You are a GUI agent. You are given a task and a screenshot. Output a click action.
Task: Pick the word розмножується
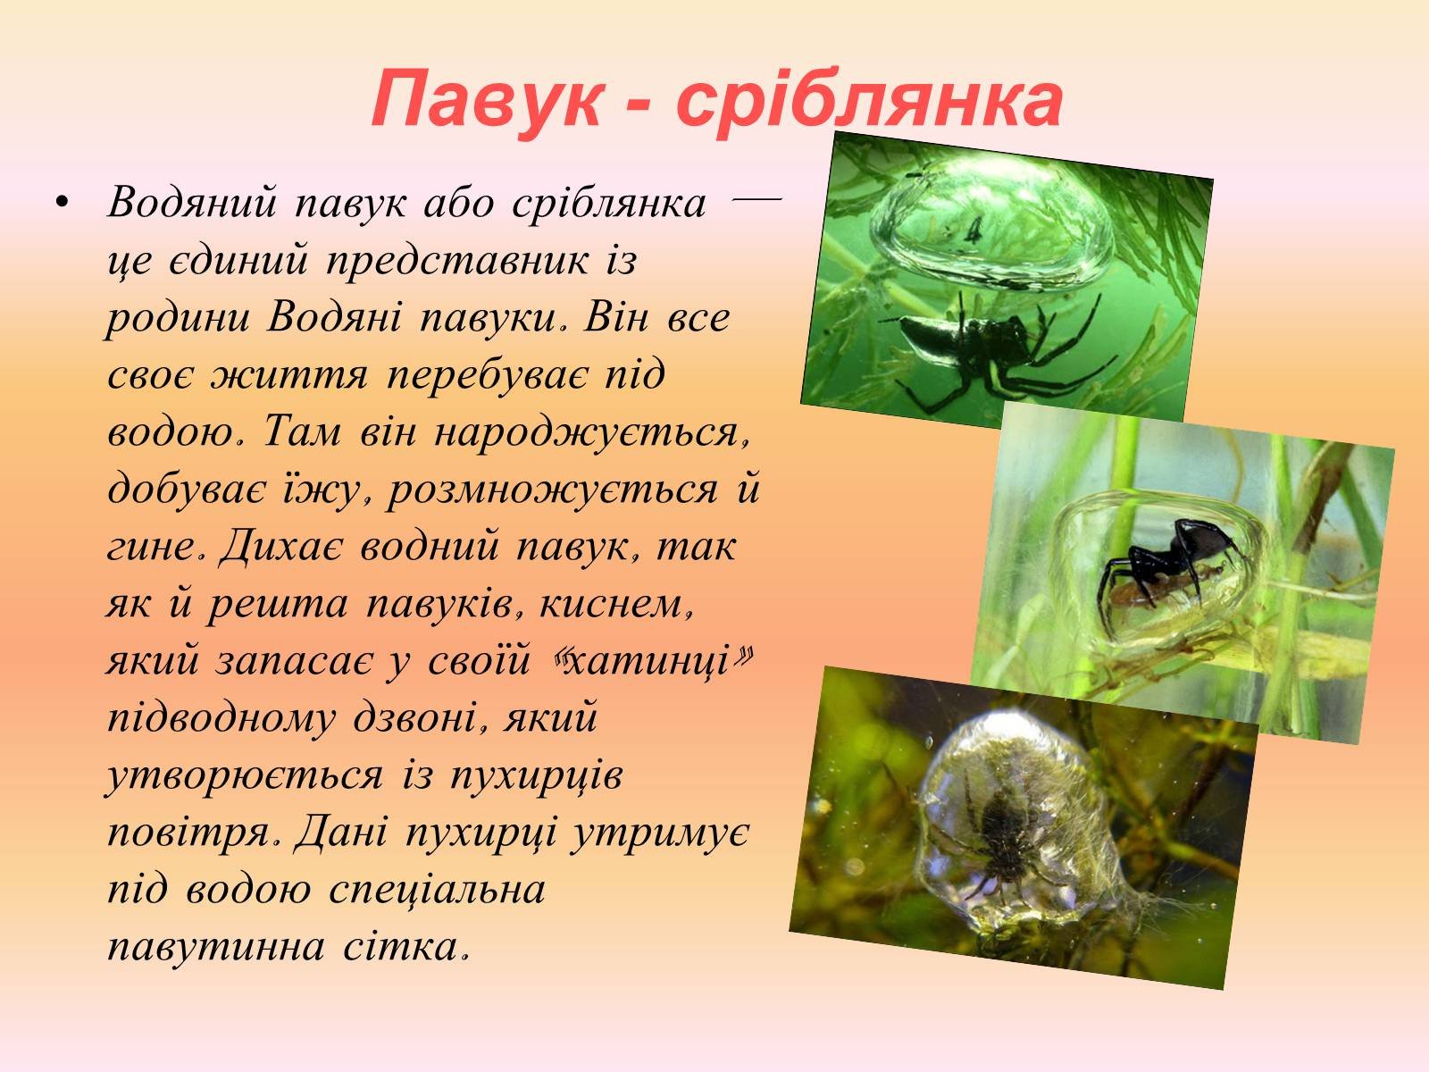pos(553,490)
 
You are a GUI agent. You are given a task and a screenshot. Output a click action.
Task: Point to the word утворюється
pos(245,775)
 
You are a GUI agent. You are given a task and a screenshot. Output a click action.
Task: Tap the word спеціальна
pos(437,890)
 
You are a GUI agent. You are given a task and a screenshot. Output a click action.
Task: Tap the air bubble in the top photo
pos(990,222)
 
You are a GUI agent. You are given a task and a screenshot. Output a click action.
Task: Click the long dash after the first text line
pos(756,200)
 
